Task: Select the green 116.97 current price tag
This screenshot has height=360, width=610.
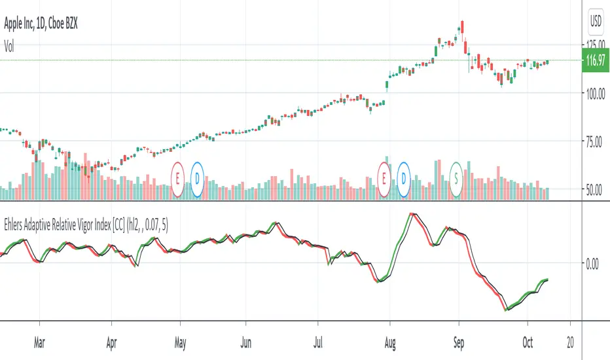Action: (594, 61)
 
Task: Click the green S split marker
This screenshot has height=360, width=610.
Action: (456, 177)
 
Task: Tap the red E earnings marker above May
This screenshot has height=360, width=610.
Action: (178, 177)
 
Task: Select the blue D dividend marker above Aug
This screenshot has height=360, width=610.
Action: (404, 177)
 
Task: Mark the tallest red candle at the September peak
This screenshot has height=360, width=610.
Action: (462, 27)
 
